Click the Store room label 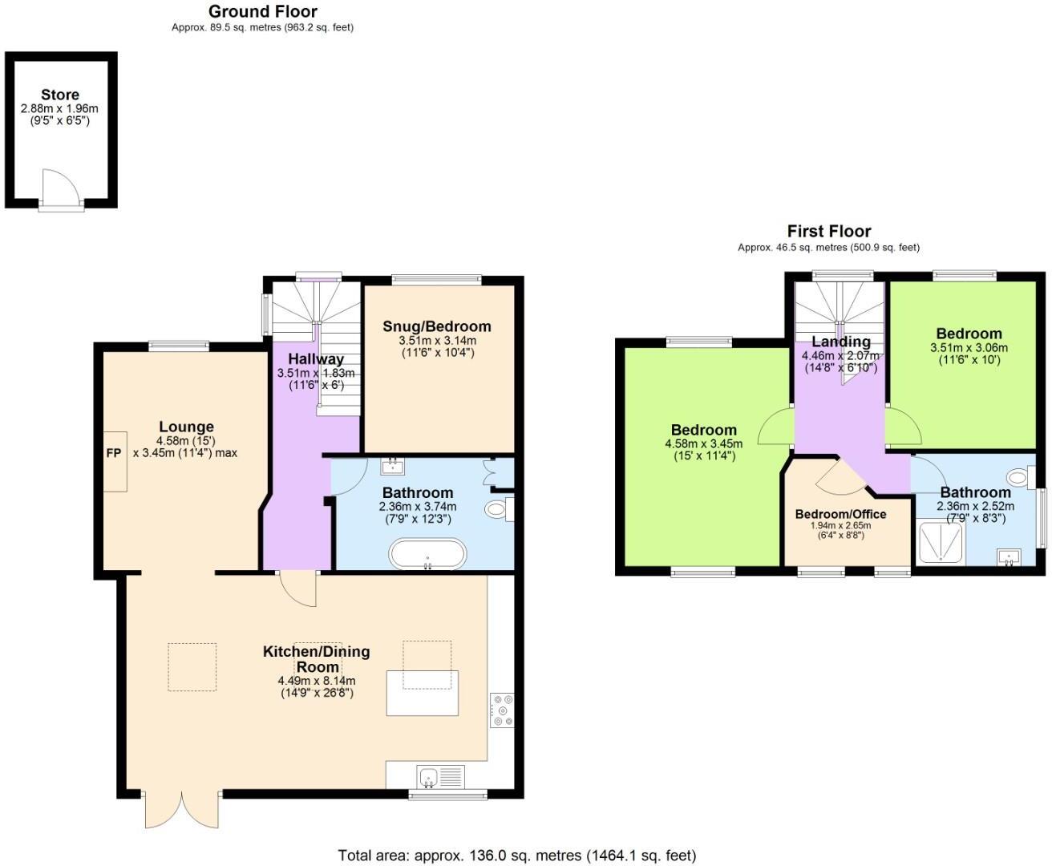[60, 95]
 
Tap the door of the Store [61, 189]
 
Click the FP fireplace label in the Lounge [114, 454]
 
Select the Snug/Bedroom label [436, 326]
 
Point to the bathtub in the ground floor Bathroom [427, 553]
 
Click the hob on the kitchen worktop [504, 710]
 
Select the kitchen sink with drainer [440, 776]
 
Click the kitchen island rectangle [423, 693]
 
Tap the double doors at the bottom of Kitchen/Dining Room [181, 810]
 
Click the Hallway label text [316, 359]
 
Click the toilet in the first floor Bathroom [1019, 479]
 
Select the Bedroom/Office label [840, 514]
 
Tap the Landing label [840, 342]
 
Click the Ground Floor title [262, 12]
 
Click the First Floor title [828, 232]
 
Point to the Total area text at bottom [517, 856]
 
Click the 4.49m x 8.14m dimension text [316, 681]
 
